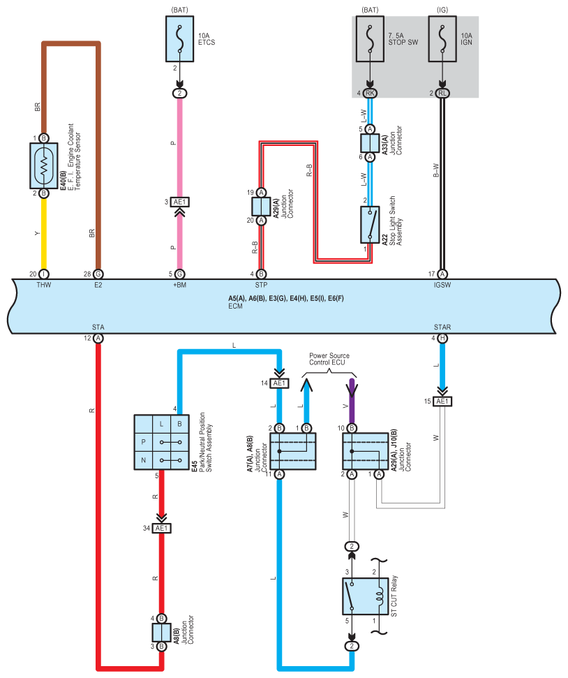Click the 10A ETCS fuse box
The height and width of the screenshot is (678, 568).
pos(179,39)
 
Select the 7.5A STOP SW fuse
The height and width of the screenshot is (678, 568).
pos(370,39)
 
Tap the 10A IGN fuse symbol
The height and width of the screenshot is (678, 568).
pos(442,39)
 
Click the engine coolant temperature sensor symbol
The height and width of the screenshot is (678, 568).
pos(44,165)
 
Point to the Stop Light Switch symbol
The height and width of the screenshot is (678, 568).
pos(370,225)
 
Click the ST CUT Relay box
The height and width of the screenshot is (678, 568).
pos(365,596)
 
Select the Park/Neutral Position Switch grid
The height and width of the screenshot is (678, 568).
pos(161,443)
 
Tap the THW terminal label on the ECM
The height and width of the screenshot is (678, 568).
pos(44,285)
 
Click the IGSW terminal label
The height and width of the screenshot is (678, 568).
pos(442,285)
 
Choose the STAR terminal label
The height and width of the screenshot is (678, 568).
pos(442,327)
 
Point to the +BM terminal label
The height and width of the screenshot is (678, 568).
pos(179,285)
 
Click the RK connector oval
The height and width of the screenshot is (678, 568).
pos(370,93)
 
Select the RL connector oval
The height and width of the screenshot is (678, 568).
pos(442,93)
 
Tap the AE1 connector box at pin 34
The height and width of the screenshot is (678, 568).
pos(161,529)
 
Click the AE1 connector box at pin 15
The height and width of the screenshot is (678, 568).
pos(442,401)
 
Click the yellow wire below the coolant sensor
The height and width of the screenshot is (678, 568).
pos(44,234)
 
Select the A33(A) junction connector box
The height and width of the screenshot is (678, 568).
pos(370,143)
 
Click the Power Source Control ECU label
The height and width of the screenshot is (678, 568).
pos(329,359)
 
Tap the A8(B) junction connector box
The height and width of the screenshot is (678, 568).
pos(161,633)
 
